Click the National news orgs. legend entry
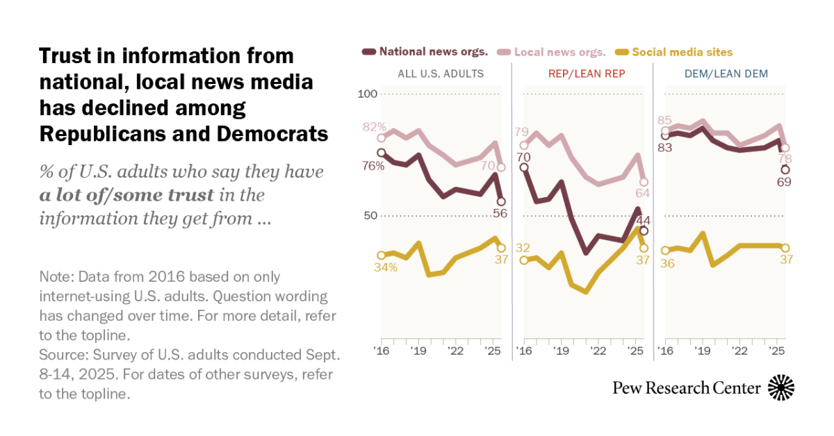pos(425,51)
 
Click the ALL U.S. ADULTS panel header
pos(441,74)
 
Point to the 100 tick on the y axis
pos(368,94)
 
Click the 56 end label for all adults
pos(499,213)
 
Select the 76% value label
pos(392,166)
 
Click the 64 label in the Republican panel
pos(643,194)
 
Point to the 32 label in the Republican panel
pos(523,248)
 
